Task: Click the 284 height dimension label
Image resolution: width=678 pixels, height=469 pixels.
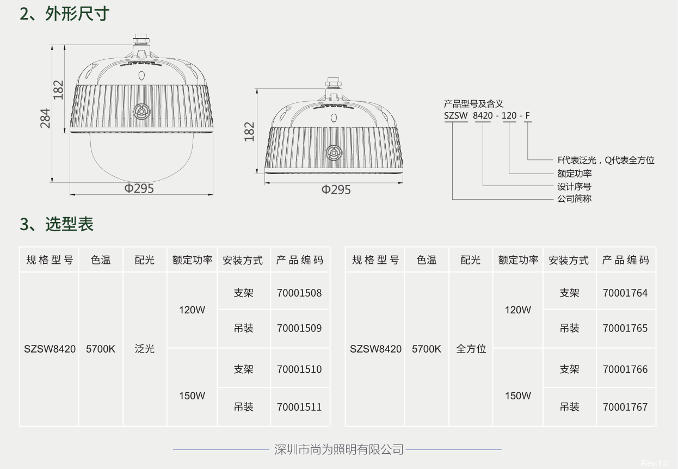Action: coord(46,118)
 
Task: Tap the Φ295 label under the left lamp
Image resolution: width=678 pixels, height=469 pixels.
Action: coord(139,188)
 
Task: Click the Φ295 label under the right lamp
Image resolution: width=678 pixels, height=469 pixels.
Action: coord(336,189)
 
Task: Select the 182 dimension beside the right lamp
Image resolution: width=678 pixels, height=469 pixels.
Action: coord(250,132)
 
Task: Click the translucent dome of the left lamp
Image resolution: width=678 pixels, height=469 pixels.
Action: coord(141,158)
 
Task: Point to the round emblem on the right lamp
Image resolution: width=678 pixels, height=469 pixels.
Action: coord(334,153)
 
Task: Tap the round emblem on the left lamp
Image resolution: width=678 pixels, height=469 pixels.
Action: coord(141,112)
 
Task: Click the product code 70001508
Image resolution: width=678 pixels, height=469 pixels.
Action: coord(299,293)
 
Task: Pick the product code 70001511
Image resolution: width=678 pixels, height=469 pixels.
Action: coord(299,407)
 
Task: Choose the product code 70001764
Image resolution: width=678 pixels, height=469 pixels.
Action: coord(625,293)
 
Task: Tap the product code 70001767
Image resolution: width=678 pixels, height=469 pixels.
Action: coord(625,407)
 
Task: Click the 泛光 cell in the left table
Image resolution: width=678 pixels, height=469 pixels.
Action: coord(145,349)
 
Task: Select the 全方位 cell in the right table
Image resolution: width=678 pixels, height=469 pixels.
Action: coord(471,349)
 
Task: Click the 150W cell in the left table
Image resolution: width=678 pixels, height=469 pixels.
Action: coord(192,396)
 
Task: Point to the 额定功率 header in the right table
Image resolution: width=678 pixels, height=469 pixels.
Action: coord(518,260)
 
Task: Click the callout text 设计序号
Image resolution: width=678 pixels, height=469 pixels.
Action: coord(574,187)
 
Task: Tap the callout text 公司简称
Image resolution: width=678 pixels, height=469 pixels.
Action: coord(574,199)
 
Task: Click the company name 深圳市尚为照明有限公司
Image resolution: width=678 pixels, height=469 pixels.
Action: coord(339,449)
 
